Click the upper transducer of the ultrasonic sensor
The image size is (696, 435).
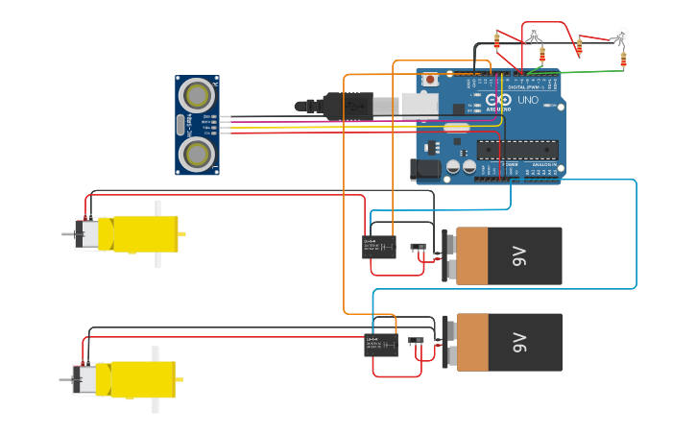tap(198, 94)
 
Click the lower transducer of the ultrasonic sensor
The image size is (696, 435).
tap(198, 154)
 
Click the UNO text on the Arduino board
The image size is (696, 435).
tap(528, 100)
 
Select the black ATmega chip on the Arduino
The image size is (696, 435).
tap(518, 149)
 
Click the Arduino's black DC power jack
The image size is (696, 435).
tap(425, 170)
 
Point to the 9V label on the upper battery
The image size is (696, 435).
tap(519, 255)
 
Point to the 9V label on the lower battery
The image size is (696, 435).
tap(519, 342)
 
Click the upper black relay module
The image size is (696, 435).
tap(378, 247)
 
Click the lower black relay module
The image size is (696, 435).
tap(380, 345)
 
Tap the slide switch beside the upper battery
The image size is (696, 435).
tap(418, 248)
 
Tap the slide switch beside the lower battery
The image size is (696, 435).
tap(415, 341)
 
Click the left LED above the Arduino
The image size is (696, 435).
tap(534, 34)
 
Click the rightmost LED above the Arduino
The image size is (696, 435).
tap(622, 36)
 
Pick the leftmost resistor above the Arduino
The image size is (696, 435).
tap(496, 40)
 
